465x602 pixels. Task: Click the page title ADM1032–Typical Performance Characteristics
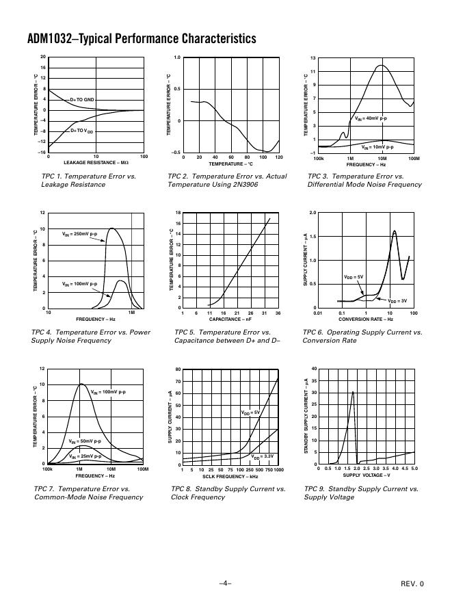pyautogui.click(x=142, y=39)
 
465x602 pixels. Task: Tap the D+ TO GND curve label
pyautogui.click(x=83, y=100)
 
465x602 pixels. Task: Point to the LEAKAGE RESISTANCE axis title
pyautogui.click(x=96, y=163)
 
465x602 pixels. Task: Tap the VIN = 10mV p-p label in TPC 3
pyautogui.click(x=377, y=147)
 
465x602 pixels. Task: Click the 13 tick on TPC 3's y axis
pyautogui.click(x=313, y=59)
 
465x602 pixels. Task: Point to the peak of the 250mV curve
pyautogui.click(x=111, y=228)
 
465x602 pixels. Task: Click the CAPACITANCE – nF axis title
pyautogui.click(x=230, y=319)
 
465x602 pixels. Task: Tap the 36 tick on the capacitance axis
pyautogui.click(x=278, y=313)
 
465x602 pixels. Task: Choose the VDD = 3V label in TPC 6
pyautogui.click(x=397, y=301)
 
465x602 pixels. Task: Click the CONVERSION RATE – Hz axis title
pyautogui.click(x=366, y=319)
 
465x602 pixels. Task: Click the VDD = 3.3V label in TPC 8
pyautogui.click(x=263, y=456)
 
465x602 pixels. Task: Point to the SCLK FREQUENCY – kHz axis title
pyautogui.click(x=230, y=475)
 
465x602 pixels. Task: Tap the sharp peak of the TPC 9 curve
pyautogui.click(x=353, y=392)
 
